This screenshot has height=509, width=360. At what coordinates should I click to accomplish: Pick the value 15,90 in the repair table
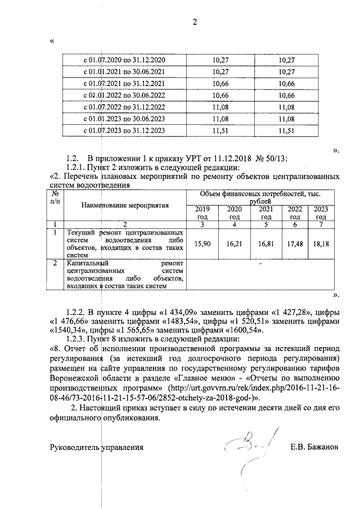click(x=202, y=243)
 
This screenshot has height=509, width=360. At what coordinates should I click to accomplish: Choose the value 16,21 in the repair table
click(x=234, y=243)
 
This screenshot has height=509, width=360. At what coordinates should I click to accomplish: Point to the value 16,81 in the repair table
click(x=266, y=243)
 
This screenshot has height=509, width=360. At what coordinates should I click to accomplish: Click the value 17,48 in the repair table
click(x=295, y=243)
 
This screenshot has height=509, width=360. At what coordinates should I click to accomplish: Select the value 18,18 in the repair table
click(x=321, y=243)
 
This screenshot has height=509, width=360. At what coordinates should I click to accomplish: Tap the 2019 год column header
click(x=202, y=213)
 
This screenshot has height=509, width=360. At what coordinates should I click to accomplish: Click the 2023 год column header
click(x=321, y=213)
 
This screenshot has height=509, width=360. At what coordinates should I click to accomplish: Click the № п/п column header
click(x=55, y=197)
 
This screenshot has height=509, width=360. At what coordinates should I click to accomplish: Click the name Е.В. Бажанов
click(x=314, y=448)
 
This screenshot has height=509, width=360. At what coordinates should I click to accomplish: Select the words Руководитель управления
click(x=96, y=448)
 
